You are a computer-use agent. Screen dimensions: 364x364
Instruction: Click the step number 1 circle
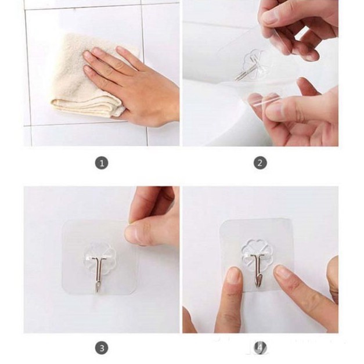click(x=102, y=163)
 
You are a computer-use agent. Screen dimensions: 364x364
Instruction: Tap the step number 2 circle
click(x=260, y=163)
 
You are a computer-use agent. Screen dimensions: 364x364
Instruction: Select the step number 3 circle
click(x=102, y=348)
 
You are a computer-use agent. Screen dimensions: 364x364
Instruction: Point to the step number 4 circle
click(x=260, y=348)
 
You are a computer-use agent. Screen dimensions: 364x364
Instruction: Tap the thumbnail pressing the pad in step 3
click(x=135, y=235)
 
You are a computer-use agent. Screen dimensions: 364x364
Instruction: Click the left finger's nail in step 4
click(x=233, y=275)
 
